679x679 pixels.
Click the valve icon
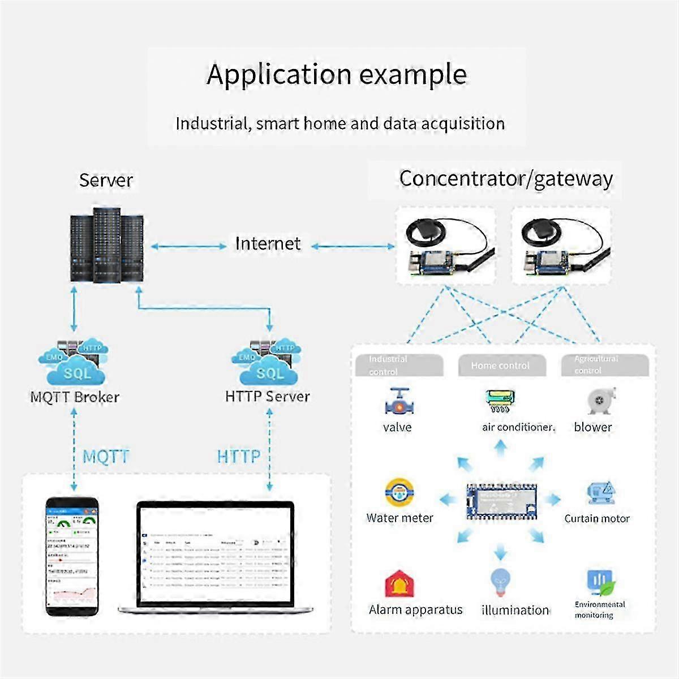coord(399,402)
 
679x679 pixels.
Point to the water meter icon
coord(400,492)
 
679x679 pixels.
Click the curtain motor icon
coord(600,493)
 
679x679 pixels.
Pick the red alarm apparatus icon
coord(400,584)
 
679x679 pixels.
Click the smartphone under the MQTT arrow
coord(72,556)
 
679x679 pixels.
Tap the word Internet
coord(268,244)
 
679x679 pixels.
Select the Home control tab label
coord(501,366)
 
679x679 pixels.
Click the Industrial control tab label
coord(388,365)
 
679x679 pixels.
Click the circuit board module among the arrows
coord(501,500)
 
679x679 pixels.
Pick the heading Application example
coord(337,74)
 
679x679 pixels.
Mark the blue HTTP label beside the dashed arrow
coord(239,456)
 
